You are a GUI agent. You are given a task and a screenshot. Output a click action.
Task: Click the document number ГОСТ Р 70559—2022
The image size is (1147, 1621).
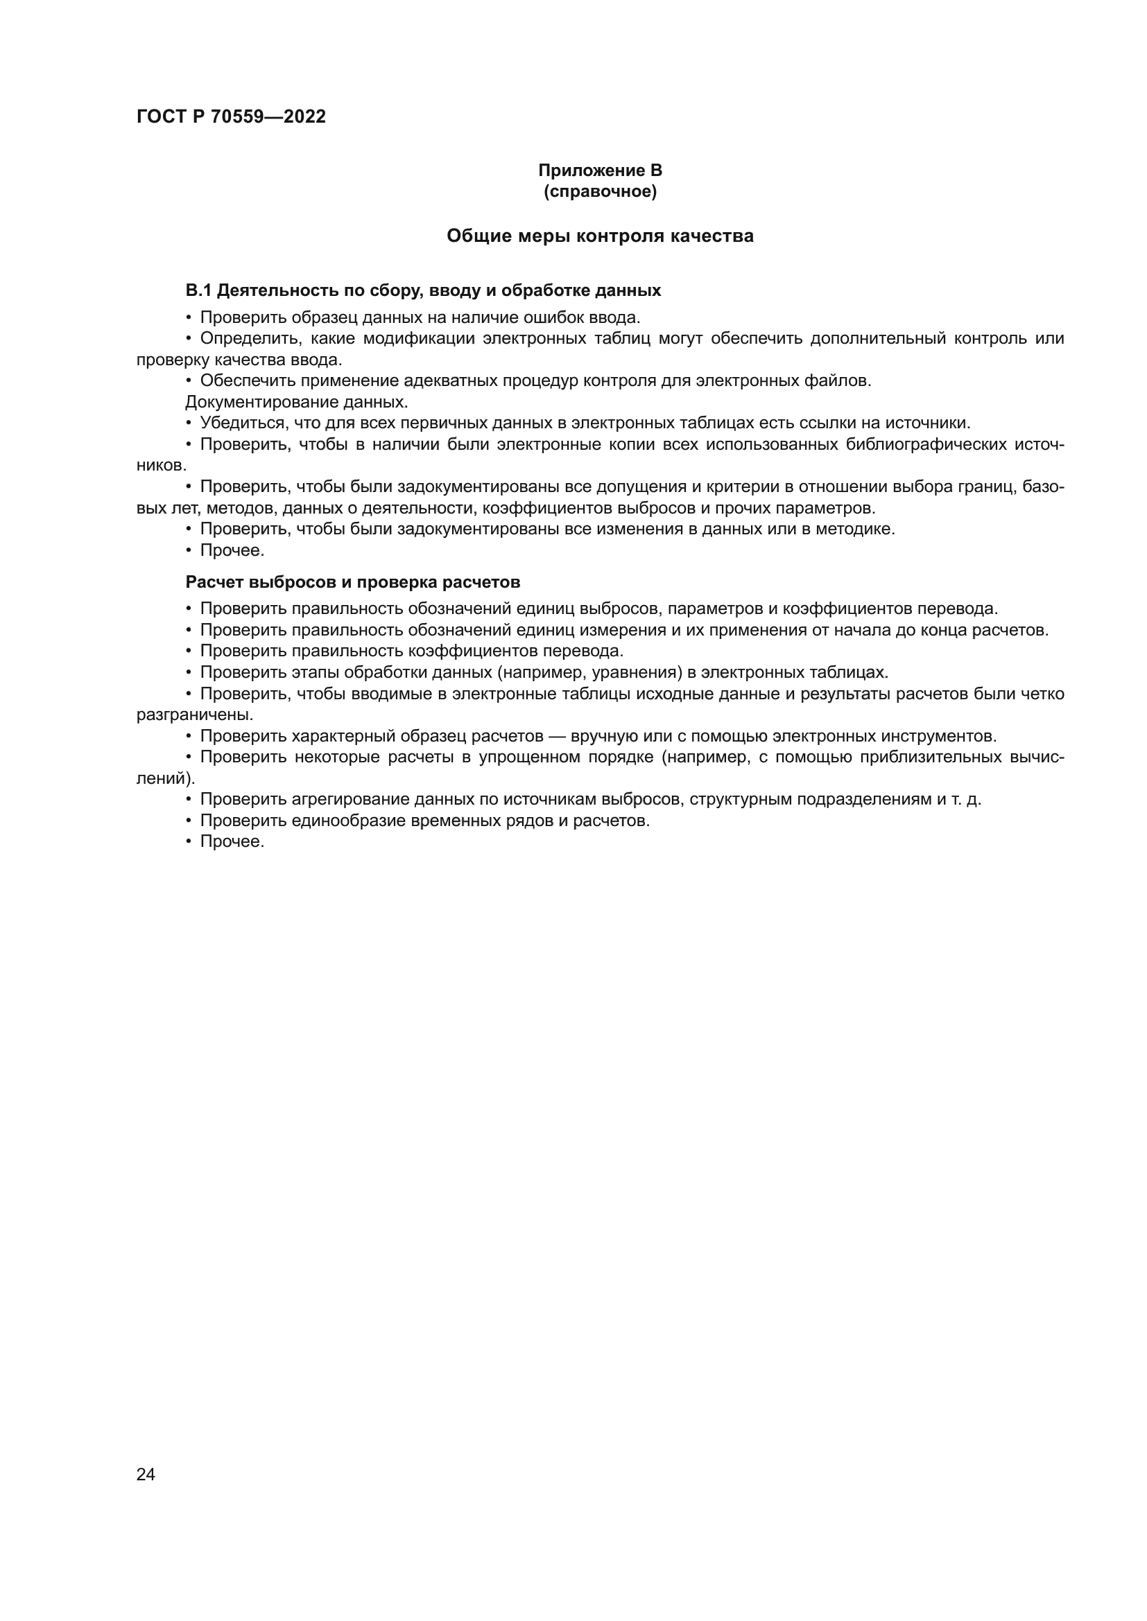pyautogui.click(x=231, y=117)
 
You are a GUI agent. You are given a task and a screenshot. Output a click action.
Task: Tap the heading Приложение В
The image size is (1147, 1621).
pyautogui.click(x=600, y=170)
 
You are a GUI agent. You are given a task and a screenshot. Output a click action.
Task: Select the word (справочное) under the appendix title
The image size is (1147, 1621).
pyautogui.click(x=600, y=191)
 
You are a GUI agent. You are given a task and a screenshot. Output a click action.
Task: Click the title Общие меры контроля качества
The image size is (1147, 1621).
pyautogui.click(x=600, y=236)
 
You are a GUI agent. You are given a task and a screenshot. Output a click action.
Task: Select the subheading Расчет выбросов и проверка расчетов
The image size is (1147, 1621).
pyautogui.click(x=352, y=581)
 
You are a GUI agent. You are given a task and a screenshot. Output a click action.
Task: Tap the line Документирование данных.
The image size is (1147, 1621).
pyautogui.click(x=297, y=402)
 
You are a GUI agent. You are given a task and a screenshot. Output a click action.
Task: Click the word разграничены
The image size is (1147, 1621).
pyautogui.click(x=194, y=715)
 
